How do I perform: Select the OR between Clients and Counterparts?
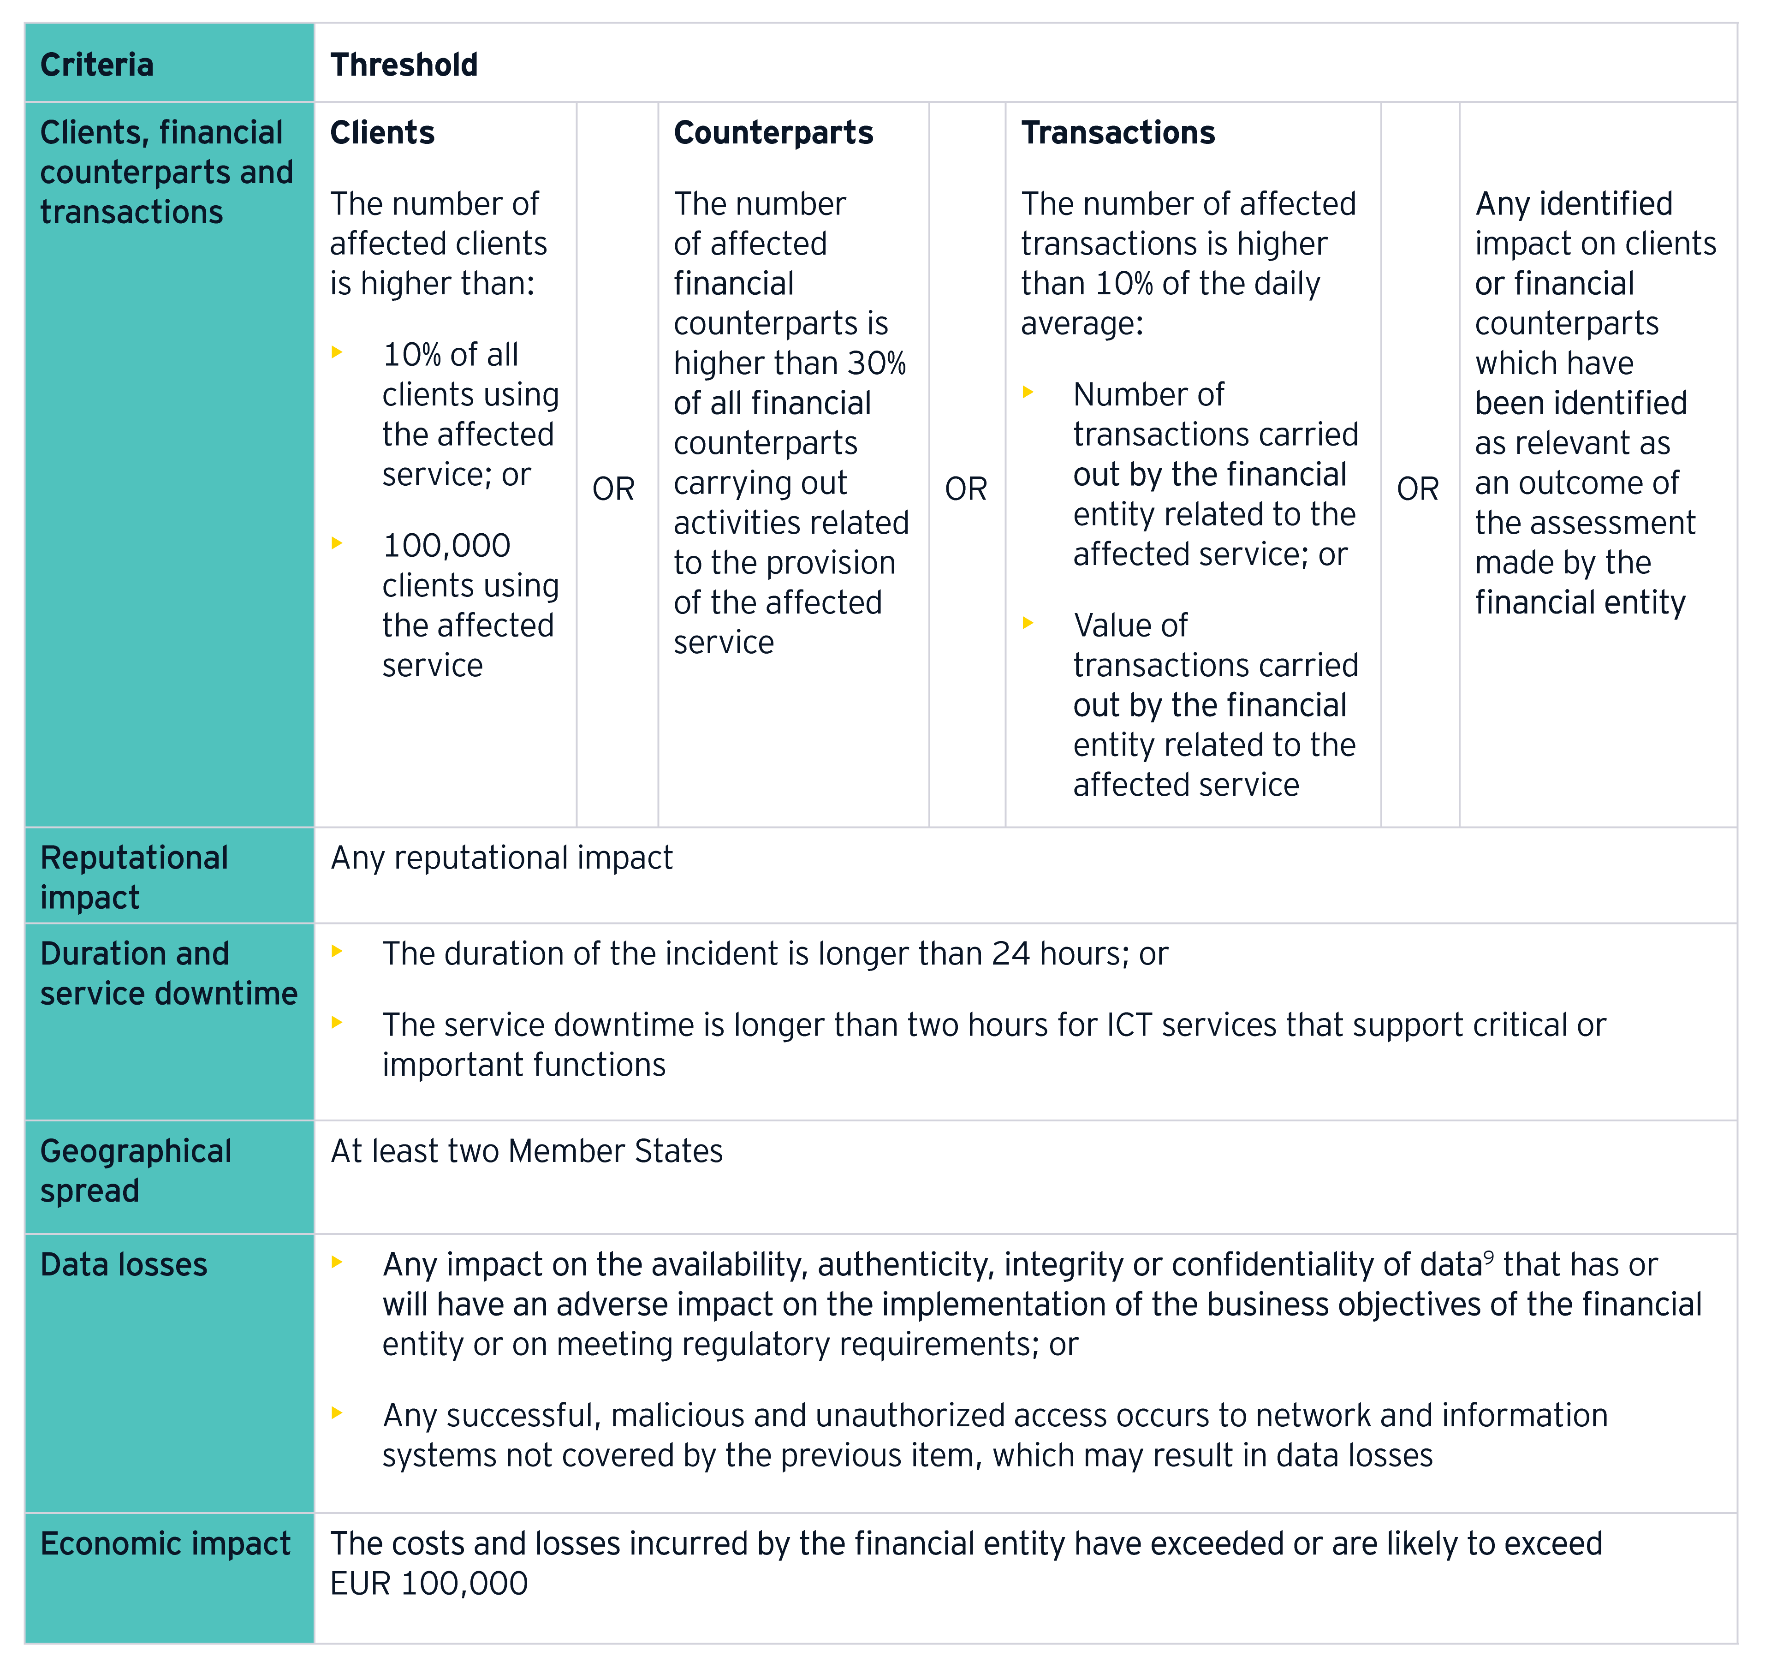613,488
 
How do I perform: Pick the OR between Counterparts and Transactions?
966,488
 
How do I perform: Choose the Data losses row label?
123,1264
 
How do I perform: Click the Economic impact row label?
165,1543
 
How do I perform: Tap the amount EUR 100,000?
428,1583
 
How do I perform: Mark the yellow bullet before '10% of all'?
337,352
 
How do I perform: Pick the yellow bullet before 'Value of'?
1027,623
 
